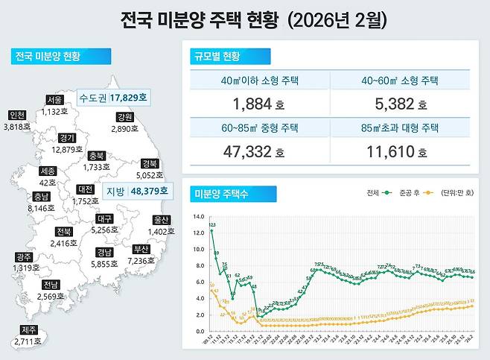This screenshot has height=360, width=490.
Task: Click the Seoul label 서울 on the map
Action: tap(54, 99)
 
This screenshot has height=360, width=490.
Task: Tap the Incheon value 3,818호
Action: tap(16, 127)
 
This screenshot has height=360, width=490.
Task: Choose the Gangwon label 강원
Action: tap(124, 117)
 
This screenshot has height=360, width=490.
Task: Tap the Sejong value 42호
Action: tap(48, 183)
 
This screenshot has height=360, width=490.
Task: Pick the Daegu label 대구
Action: tap(106, 219)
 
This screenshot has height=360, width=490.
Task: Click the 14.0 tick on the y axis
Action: tap(197, 217)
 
